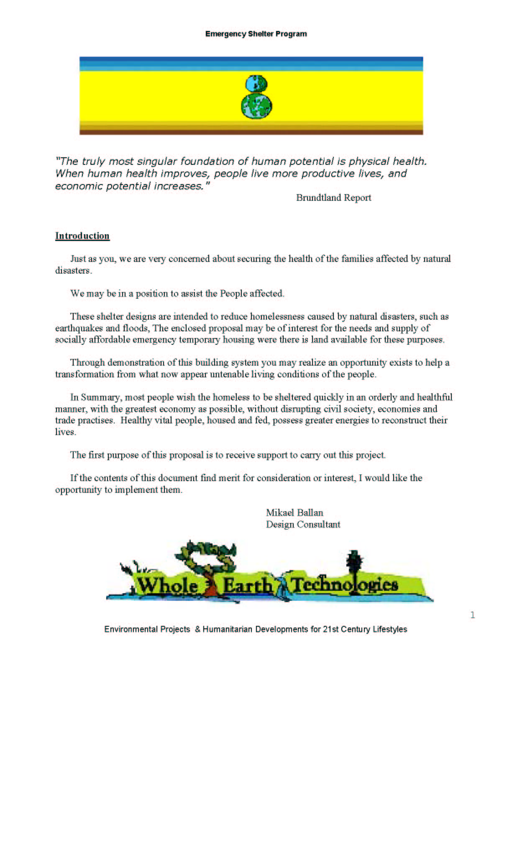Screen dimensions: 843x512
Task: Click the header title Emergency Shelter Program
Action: (256, 34)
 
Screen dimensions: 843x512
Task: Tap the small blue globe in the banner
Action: (256, 83)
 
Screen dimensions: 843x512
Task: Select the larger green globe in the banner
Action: (256, 105)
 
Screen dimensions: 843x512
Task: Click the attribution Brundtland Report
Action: (333, 198)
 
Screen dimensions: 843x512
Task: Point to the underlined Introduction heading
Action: (82, 236)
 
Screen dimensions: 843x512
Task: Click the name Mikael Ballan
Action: (294, 513)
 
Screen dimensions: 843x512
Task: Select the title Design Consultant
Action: (303, 525)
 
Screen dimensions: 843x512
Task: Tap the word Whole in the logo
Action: (167, 584)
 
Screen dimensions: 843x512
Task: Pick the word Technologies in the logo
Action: (344, 584)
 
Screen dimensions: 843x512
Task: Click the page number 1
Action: (473, 615)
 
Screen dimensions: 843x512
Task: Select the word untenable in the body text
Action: (229, 374)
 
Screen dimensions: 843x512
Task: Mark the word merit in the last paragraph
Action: (229, 478)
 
